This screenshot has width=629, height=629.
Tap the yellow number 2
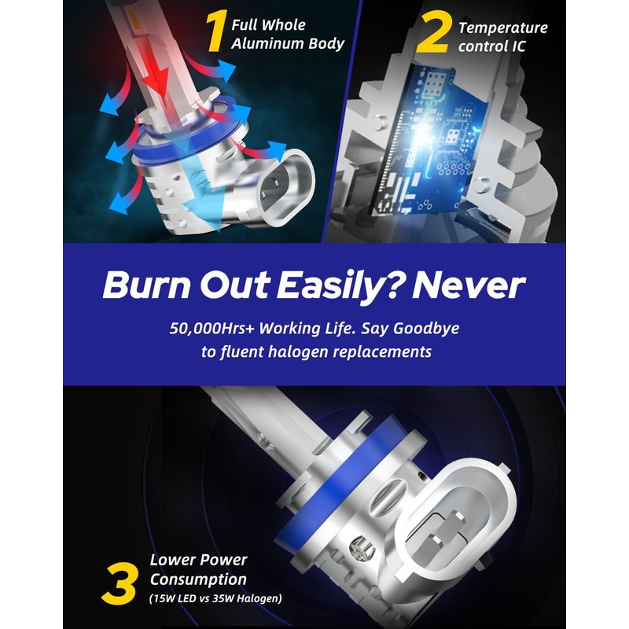pyautogui.click(x=432, y=32)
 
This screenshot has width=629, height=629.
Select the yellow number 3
pyautogui.click(x=120, y=583)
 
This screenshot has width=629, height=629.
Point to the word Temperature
pyautogui.click(x=503, y=28)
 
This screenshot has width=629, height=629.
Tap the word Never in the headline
pyautogui.click(x=469, y=285)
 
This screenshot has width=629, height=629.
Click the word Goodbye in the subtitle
pyautogui.click(x=426, y=329)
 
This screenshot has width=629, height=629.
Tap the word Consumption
pyautogui.click(x=198, y=579)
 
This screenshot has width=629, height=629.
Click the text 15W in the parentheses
pyautogui.click(x=165, y=598)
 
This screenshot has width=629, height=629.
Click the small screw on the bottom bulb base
pyautogui.click(x=361, y=547)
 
